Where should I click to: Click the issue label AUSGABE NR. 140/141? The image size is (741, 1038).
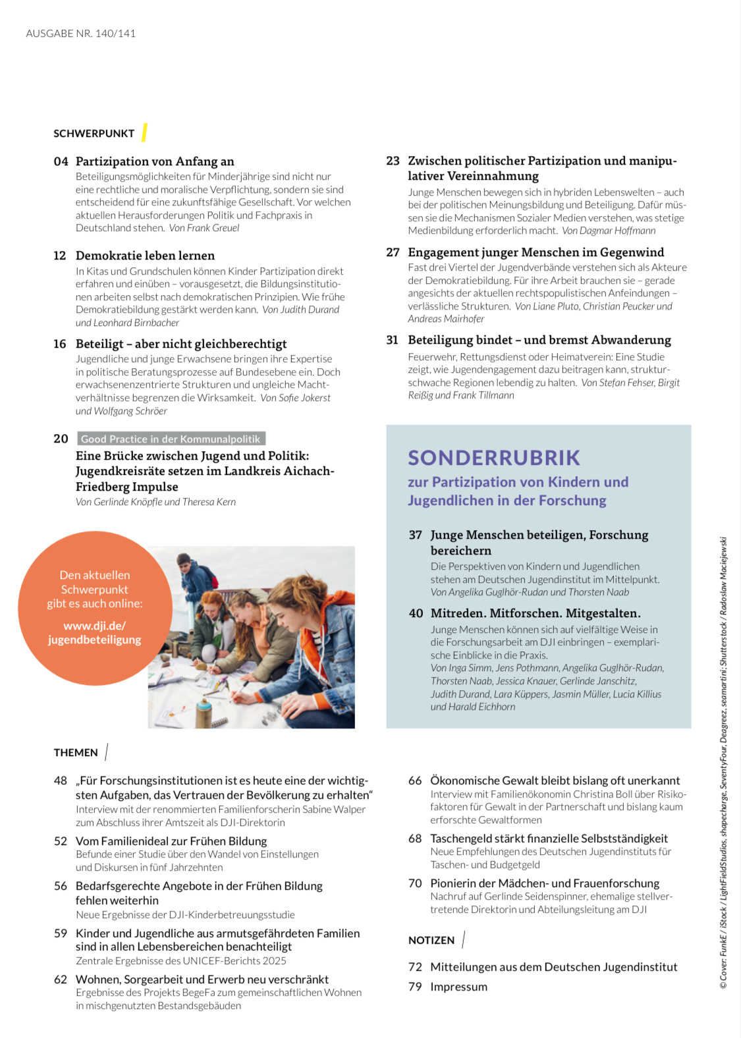click(x=80, y=34)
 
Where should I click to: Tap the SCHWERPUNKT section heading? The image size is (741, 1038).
click(x=94, y=134)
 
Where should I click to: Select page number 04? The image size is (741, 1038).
click(x=61, y=162)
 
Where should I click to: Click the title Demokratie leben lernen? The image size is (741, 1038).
click(x=145, y=256)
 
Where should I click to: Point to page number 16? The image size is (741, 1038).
click(x=60, y=344)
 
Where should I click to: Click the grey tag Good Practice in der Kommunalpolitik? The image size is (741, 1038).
click(x=171, y=439)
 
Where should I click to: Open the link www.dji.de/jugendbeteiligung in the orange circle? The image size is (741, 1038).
click(x=94, y=633)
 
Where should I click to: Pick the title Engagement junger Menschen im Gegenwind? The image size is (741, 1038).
click(x=535, y=252)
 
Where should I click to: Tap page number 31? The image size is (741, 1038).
click(x=393, y=341)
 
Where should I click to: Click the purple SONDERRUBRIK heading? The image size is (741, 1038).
click(x=494, y=458)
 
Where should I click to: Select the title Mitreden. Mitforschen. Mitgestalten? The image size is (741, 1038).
click(x=535, y=613)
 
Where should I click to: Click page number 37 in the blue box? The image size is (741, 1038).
click(x=415, y=535)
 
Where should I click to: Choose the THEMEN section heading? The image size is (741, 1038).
click(x=76, y=753)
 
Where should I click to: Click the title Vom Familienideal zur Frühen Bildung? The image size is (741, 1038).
click(x=171, y=841)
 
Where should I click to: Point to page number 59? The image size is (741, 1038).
click(x=61, y=933)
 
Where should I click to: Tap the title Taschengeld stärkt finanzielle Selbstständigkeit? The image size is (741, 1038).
click(x=549, y=838)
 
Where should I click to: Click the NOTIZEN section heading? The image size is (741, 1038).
click(x=431, y=941)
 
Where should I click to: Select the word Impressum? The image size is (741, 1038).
click(x=458, y=987)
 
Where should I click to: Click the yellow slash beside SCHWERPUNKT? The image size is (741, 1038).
click(x=144, y=132)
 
